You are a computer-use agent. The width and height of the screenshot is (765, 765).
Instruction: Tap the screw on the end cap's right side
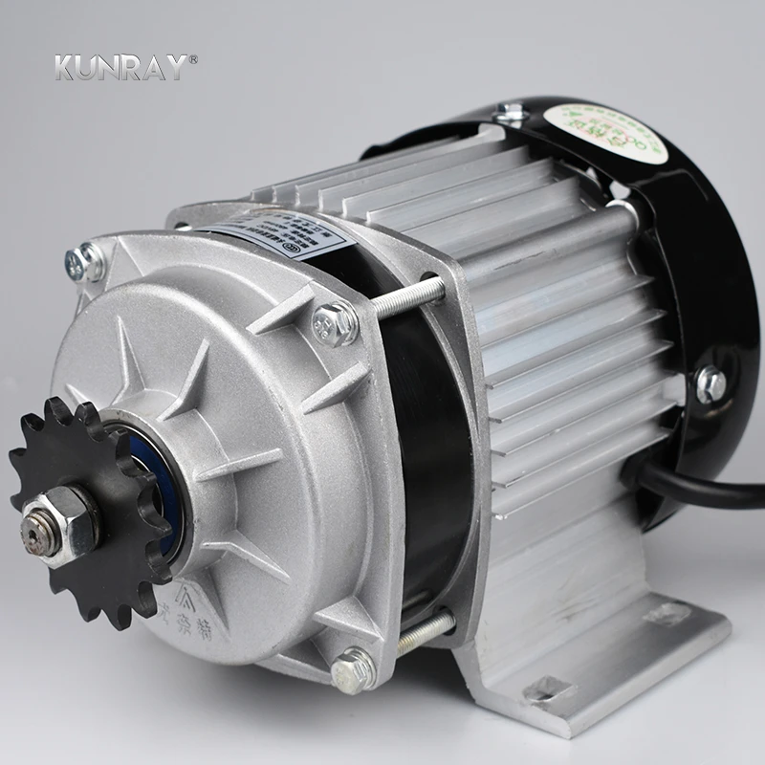[x=709, y=383]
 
